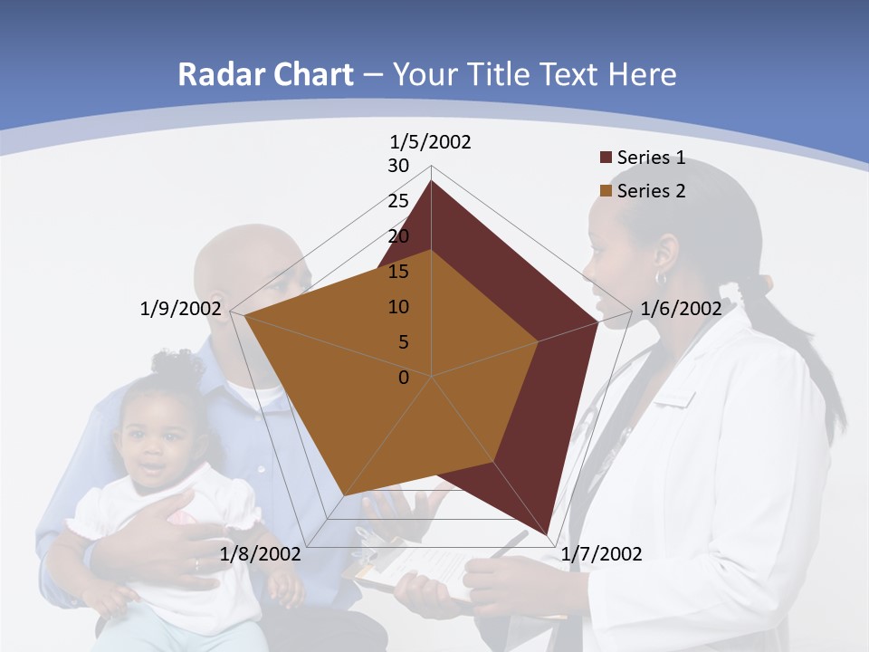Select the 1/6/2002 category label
681,308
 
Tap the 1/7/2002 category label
602,553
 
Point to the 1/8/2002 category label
261,553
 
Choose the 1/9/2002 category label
181,308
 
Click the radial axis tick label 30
398,166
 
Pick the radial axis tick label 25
398,201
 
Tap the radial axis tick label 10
398,307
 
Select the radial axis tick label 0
404,377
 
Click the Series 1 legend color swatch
606,158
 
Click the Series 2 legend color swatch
606,191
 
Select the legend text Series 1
651,158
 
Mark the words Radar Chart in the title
265,74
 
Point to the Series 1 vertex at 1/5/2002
431,181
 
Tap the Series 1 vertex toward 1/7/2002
548,534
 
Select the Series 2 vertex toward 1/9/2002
244,317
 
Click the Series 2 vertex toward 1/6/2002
539,341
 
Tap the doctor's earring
661,279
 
